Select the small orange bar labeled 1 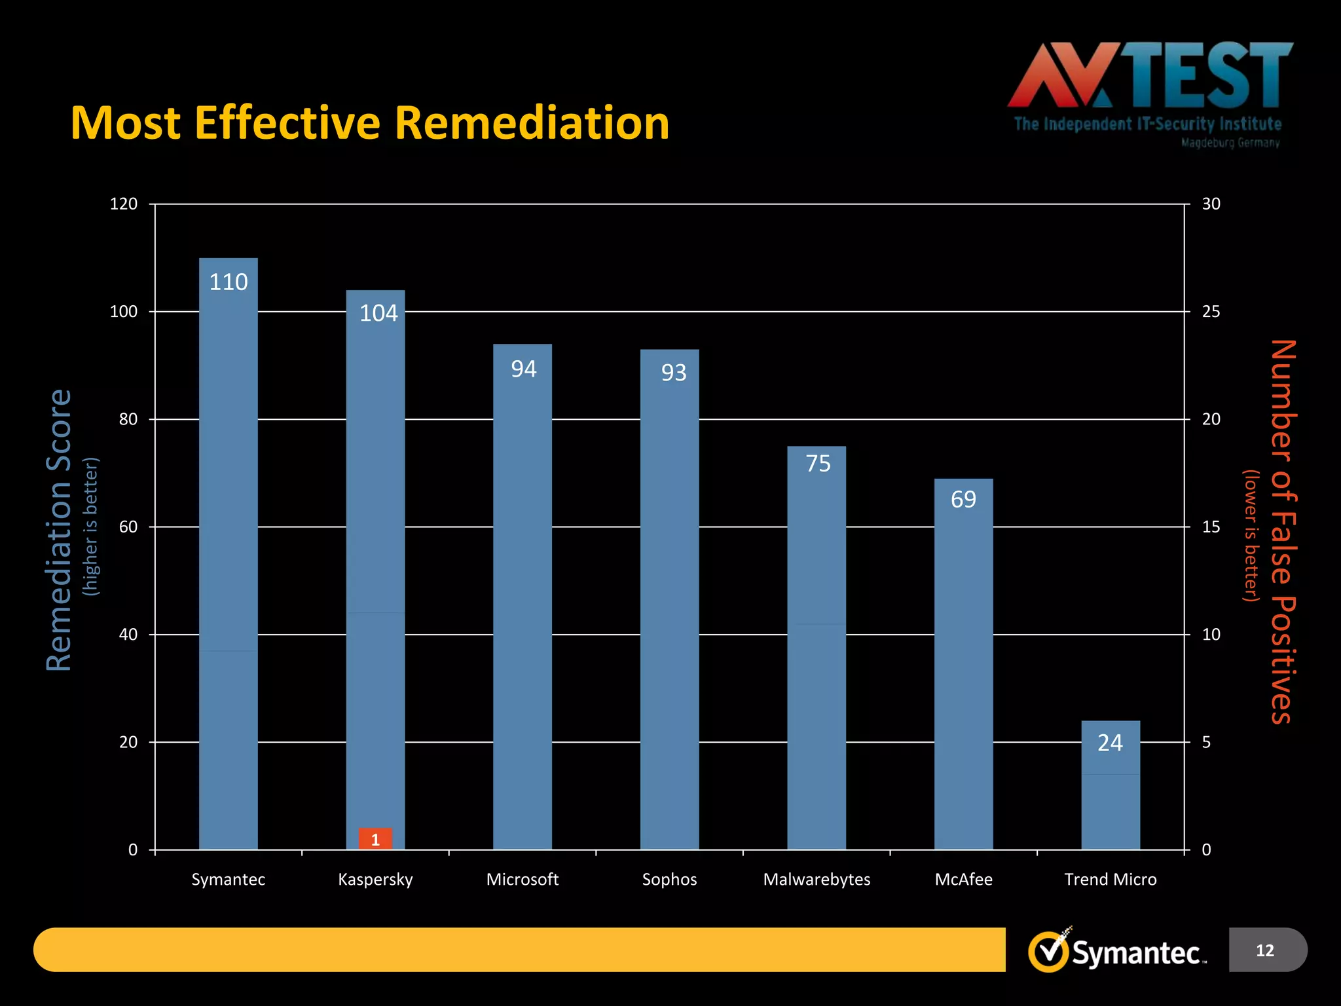pyautogui.click(x=375, y=839)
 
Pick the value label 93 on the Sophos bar pyautogui.click(x=674, y=373)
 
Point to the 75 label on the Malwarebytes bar pyautogui.click(x=818, y=464)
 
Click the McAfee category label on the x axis pyautogui.click(x=963, y=879)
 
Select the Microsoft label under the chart pyautogui.click(x=522, y=879)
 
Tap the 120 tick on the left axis pyautogui.click(x=124, y=204)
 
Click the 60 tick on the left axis pyautogui.click(x=128, y=527)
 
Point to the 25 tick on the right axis pyautogui.click(x=1211, y=312)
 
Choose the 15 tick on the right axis pyautogui.click(x=1211, y=527)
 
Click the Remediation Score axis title pyautogui.click(x=59, y=531)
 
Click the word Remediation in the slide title pyautogui.click(x=532, y=123)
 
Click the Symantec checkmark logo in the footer pyautogui.click(x=1050, y=951)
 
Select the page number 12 pyautogui.click(x=1265, y=950)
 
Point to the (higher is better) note pyautogui.click(x=90, y=527)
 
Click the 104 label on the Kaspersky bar pyautogui.click(x=378, y=313)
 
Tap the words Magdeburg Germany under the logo pyautogui.click(x=1230, y=143)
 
